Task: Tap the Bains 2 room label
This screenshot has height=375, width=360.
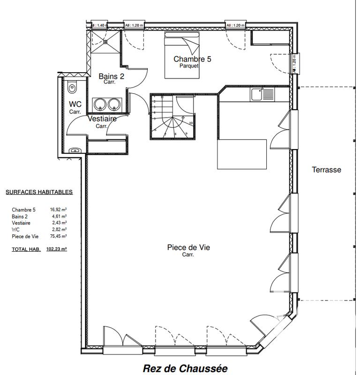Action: [x=111, y=76]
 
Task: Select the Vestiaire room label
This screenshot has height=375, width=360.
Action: [x=102, y=120]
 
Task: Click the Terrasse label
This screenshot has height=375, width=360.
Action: [x=326, y=170]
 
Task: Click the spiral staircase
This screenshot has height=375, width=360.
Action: [x=172, y=117]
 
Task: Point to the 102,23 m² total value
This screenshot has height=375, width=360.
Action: [x=57, y=250]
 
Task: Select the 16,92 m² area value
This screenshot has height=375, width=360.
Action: [x=58, y=210]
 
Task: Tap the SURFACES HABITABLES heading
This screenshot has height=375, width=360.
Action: [x=39, y=192]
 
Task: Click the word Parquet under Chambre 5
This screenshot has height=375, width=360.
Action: [x=189, y=66]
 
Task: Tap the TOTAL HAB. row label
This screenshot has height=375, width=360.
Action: [x=26, y=250]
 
